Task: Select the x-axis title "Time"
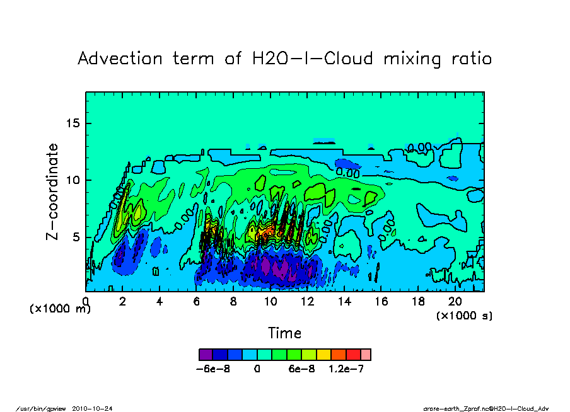click(x=284, y=333)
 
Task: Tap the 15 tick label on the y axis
click(x=73, y=123)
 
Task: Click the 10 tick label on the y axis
click(x=73, y=180)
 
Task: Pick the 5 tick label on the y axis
click(x=76, y=237)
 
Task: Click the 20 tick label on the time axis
click(x=455, y=302)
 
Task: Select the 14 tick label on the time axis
click(x=344, y=302)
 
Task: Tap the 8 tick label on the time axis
click(x=233, y=302)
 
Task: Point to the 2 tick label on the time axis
click(x=122, y=302)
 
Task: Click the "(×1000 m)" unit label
click(x=61, y=309)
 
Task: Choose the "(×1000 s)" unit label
click(x=464, y=315)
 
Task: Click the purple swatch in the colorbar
click(x=204, y=355)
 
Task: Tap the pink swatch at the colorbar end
click(x=365, y=355)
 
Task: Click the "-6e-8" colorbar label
click(x=214, y=369)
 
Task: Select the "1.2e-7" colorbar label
click(x=346, y=369)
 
